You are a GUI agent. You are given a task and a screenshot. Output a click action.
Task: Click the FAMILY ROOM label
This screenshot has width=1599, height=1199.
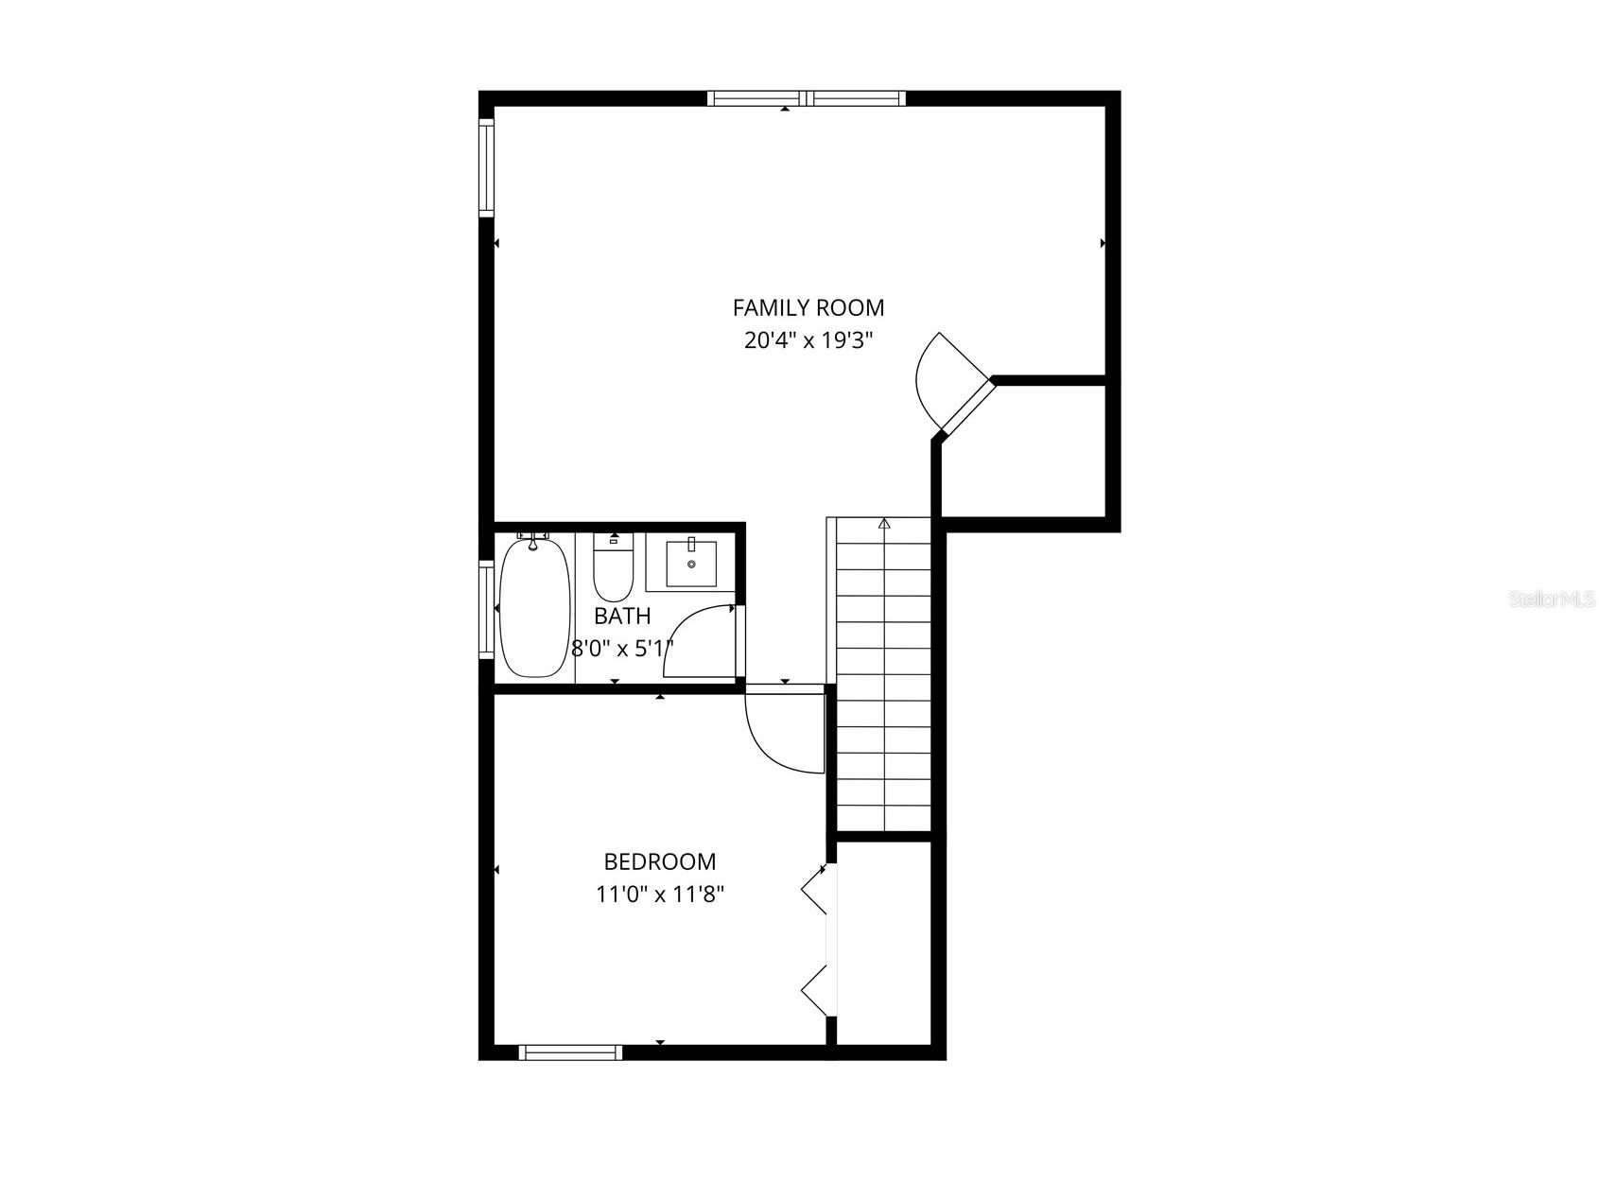pyautogui.click(x=808, y=307)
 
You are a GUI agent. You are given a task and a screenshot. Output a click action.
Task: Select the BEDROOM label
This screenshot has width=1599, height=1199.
pyautogui.click(x=660, y=861)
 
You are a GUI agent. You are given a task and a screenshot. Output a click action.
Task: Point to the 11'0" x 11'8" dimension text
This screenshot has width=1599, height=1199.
pyautogui.click(x=660, y=894)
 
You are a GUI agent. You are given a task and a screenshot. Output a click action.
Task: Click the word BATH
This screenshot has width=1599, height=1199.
pyautogui.click(x=622, y=617)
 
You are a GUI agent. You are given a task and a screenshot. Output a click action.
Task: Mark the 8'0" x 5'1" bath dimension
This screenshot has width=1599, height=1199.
pyautogui.click(x=622, y=649)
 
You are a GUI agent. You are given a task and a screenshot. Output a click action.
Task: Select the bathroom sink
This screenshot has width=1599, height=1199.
pyautogui.click(x=691, y=564)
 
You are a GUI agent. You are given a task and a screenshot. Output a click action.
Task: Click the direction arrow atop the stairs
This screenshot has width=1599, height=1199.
pyautogui.click(x=884, y=523)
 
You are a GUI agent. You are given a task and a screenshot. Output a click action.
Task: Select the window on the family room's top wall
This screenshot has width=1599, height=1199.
pyautogui.click(x=807, y=97)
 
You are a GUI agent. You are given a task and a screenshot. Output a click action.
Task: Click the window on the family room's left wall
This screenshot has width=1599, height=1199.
pyautogui.click(x=486, y=168)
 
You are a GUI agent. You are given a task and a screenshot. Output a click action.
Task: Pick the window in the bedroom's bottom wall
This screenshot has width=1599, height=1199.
pyautogui.click(x=570, y=1052)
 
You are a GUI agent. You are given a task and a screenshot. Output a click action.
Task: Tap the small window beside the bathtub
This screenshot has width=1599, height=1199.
pyautogui.click(x=486, y=609)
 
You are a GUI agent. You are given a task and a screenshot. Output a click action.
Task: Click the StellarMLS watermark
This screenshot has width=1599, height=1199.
pyautogui.click(x=1552, y=599)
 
